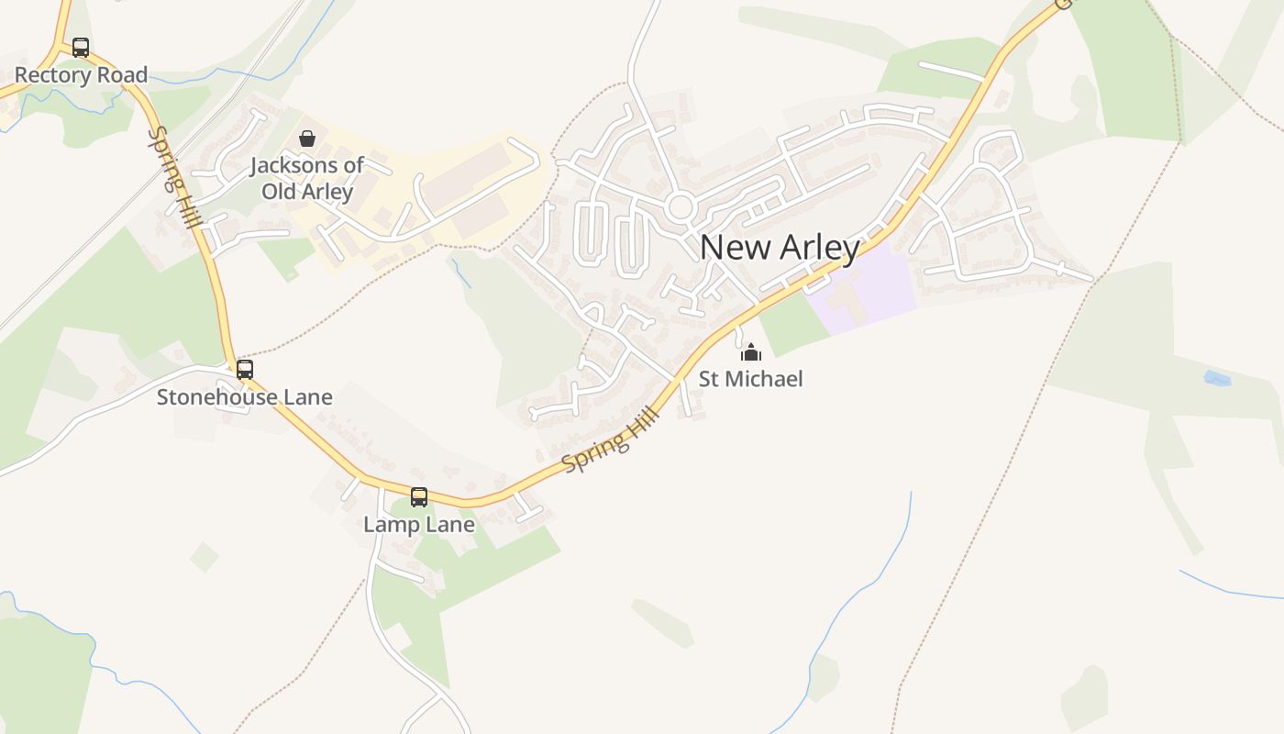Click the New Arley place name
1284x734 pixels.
780,248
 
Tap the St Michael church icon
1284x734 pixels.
751,352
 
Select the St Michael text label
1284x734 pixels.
750,379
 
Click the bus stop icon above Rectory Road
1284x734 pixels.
81,48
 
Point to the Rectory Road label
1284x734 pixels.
81,75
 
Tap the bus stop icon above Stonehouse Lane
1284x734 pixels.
245,370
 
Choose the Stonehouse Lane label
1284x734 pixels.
244,397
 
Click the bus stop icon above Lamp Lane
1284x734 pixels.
419,497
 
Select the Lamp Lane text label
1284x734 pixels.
419,525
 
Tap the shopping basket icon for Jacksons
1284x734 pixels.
307,139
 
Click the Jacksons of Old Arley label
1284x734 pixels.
307,179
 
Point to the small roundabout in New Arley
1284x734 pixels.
680,206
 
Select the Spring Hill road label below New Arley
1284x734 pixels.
611,442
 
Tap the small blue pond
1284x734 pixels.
1216,378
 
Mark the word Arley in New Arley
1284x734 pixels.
821,248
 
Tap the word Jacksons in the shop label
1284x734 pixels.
295,166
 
